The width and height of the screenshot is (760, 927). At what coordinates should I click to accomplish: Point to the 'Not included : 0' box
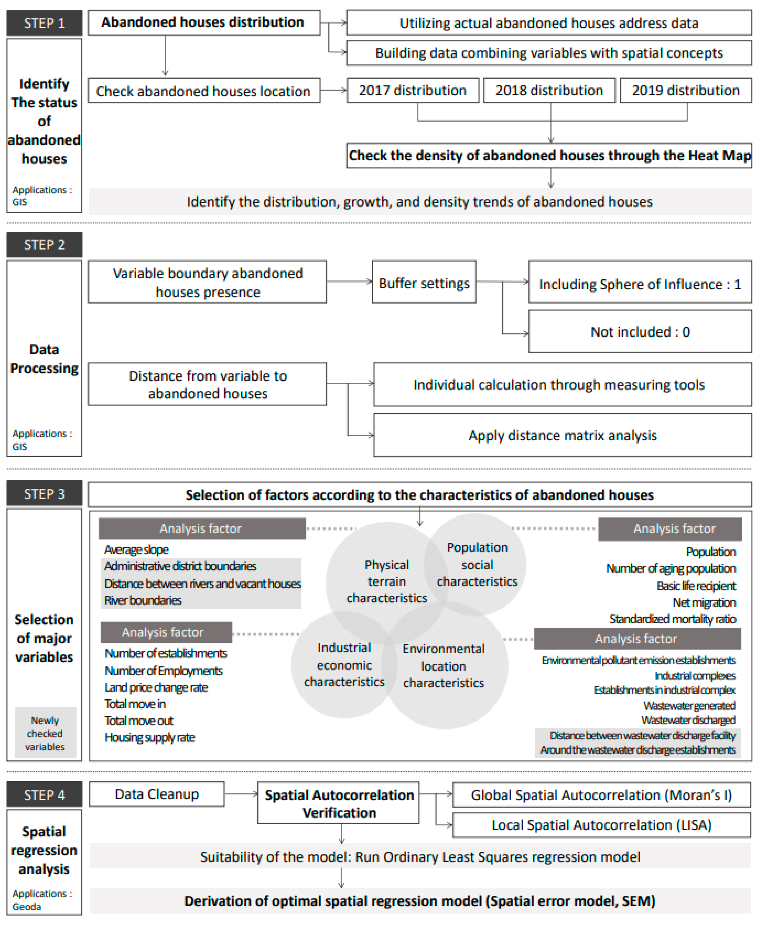point(640,332)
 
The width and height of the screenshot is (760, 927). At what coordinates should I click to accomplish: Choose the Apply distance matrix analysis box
point(563,435)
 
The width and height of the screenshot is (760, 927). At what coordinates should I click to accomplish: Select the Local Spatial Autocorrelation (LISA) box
point(602,825)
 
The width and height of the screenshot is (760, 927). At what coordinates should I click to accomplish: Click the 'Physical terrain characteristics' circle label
point(386,581)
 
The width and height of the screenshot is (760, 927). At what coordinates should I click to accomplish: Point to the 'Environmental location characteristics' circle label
point(443,666)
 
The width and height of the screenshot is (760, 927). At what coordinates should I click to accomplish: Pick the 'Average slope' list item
point(136,550)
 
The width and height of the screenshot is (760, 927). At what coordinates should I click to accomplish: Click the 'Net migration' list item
point(704,603)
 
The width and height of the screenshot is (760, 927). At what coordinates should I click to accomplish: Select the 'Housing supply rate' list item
point(150,737)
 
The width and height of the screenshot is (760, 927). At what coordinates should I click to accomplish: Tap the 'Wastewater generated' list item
point(689,705)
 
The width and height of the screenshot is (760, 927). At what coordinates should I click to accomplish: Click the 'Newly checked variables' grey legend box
point(45,733)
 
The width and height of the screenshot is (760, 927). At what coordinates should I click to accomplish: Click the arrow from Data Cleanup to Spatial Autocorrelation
point(241,794)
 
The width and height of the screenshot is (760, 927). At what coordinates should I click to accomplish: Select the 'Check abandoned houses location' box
point(203,91)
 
